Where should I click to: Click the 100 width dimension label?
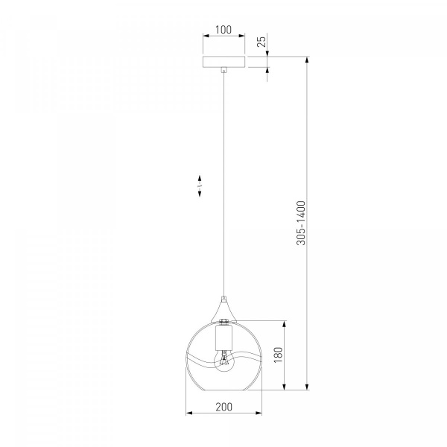223,30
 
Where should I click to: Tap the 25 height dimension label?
261,40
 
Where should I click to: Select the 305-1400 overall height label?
301,223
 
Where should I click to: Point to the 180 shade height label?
278,355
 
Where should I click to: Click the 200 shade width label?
223,407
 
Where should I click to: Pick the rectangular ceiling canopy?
223,62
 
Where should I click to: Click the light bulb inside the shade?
223,361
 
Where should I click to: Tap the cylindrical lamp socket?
223,338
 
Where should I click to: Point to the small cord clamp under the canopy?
224,70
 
